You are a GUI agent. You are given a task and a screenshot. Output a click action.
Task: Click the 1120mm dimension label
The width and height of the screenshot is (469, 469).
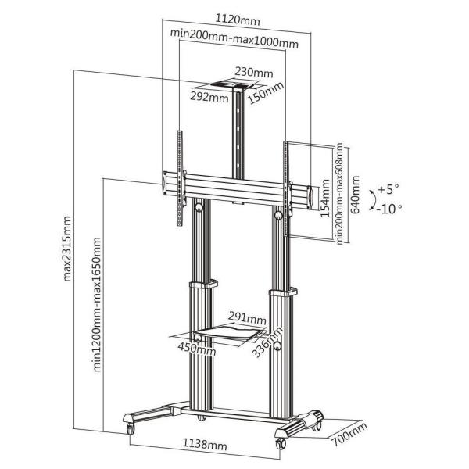point(238,20)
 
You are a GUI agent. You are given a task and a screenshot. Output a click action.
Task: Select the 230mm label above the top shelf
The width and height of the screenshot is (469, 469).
point(253,73)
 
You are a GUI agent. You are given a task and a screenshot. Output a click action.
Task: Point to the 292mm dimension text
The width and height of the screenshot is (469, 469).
point(209,97)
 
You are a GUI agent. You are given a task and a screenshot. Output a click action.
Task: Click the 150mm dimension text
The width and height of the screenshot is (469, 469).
point(265,93)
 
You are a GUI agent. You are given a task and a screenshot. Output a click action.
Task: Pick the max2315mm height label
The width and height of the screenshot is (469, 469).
point(67,249)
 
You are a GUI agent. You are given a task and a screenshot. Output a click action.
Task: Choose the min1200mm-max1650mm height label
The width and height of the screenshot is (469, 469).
point(97,304)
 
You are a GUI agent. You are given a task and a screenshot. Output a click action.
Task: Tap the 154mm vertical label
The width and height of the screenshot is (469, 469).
point(325,199)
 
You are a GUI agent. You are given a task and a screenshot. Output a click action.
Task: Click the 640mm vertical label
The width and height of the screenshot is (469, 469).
point(355,195)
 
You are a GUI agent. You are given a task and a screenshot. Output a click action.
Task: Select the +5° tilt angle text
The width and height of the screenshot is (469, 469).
point(388,189)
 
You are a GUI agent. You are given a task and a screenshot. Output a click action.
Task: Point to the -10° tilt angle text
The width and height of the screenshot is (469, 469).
point(389,209)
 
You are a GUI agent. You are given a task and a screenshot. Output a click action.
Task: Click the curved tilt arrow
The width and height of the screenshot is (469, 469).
point(374,199)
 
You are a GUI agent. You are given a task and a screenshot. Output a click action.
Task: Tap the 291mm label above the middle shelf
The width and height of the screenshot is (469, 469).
point(247,318)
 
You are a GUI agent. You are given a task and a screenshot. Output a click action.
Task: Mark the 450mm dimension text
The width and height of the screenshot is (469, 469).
point(196,349)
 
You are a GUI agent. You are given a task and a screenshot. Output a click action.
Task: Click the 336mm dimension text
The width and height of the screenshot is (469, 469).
point(267,342)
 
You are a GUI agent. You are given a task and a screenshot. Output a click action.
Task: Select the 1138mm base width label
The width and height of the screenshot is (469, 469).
point(205,444)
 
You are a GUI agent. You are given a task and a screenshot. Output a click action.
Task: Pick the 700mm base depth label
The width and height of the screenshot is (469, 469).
point(349,435)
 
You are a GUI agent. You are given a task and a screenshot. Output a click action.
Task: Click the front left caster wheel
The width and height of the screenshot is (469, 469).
point(131,428)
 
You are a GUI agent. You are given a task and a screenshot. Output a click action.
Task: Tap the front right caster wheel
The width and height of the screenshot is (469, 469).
point(281,443)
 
